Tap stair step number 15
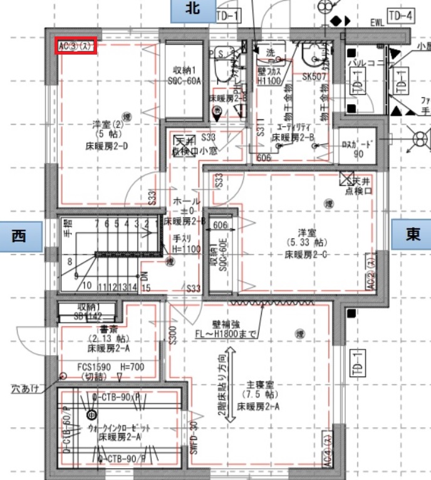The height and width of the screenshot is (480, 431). tap(147, 288)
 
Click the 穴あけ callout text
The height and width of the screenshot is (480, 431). tap(25, 389)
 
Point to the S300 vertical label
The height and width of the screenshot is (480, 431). tap(172, 336)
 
